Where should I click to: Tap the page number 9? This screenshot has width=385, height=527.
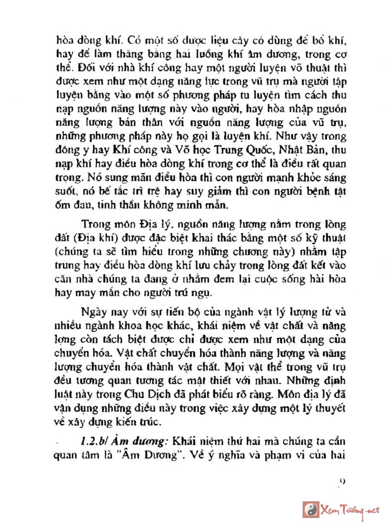(x=343, y=481)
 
